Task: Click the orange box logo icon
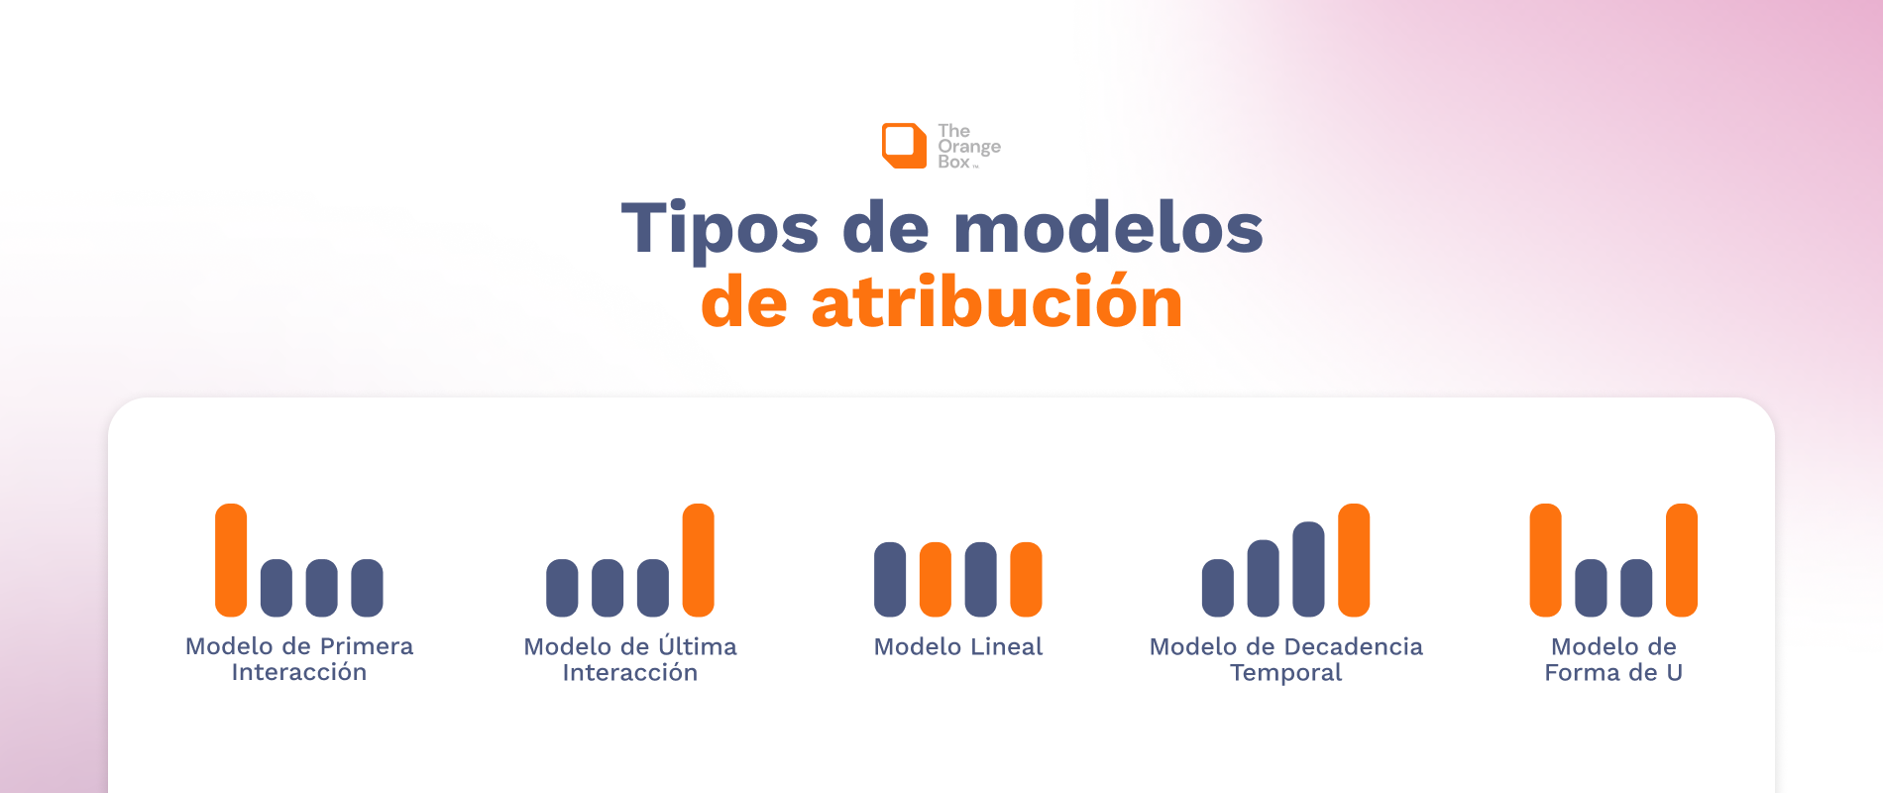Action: point(904,146)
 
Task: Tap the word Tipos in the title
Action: point(720,229)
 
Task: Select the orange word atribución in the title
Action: point(997,302)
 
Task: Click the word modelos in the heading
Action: point(1108,229)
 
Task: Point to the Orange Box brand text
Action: point(968,147)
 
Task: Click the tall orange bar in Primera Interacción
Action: point(231,560)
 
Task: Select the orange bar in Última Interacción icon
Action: point(699,560)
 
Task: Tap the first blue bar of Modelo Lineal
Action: point(890,579)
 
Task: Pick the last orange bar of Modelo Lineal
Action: point(1026,579)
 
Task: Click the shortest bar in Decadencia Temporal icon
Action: point(1218,587)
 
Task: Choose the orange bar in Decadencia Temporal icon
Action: point(1354,560)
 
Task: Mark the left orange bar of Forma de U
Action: point(1546,560)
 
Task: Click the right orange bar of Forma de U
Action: point(1682,560)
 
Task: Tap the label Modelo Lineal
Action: point(958,646)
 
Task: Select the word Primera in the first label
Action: point(366,646)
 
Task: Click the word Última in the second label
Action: point(698,646)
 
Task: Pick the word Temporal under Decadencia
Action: point(1285,672)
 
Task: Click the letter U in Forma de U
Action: point(1674,672)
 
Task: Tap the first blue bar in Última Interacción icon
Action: point(562,587)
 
